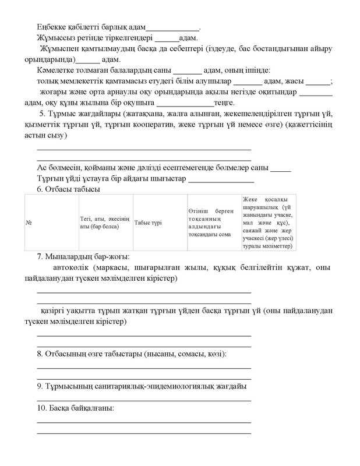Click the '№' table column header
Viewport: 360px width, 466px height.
pos(29,224)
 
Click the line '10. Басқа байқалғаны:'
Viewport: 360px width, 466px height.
pos(75,408)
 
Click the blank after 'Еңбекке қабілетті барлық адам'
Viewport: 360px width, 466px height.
pos(172,27)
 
